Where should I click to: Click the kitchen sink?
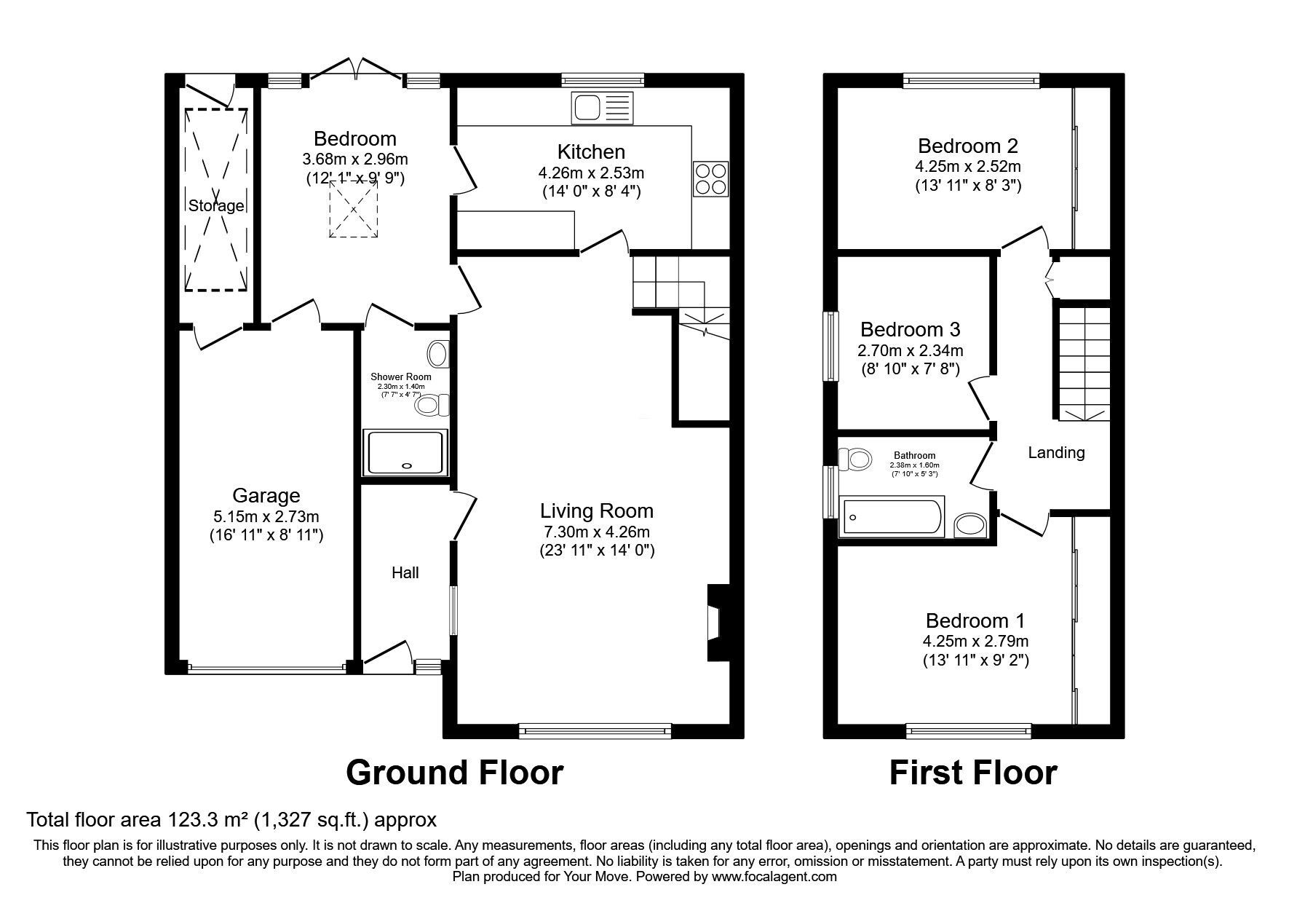point(603,108)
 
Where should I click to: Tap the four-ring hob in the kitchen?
point(711,178)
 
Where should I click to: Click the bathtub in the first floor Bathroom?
point(891,517)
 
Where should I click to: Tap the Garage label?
point(266,496)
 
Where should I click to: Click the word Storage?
point(216,206)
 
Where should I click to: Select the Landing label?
point(1056,453)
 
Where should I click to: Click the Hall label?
point(405,573)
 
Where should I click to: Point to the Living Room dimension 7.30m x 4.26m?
point(595,532)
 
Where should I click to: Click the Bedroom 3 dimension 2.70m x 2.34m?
point(910,351)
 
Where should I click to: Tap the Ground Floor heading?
point(454,773)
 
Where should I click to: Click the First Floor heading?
point(973,773)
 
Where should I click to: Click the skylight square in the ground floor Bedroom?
point(354,209)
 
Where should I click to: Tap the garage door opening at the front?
point(267,666)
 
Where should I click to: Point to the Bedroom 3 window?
point(830,346)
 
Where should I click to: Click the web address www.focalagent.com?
point(774,877)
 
